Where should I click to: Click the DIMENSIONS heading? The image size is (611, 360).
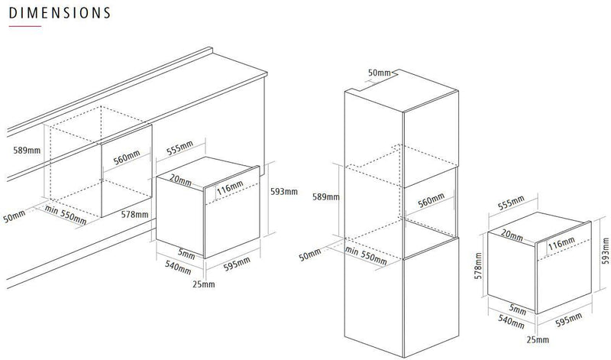pyautogui.click(x=60, y=13)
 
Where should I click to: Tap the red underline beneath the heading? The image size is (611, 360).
pyautogui.click(x=25, y=26)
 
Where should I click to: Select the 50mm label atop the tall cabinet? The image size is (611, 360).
pyautogui.click(x=379, y=73)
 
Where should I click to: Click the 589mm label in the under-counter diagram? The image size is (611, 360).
pyautogui.click(x=27, y=150)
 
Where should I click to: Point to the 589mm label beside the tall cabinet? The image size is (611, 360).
pyautogui.click(x=326, y=196)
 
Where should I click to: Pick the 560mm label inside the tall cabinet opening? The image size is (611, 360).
pyautogui.click(x=431, y=200)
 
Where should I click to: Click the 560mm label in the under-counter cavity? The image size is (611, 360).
pyautogui.click(x=127, y=157)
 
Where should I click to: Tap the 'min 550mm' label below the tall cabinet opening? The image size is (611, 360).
pyautogui.click(x=366, y=255)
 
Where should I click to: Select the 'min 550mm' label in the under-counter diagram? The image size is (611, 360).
pyautogui.click(x=66, y=215)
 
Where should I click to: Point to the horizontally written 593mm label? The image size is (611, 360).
pyautogui.click(x=283, y=192)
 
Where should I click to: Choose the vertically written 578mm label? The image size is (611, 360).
pyautogui.click(x=479, y=266)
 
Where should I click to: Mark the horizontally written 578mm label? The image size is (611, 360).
pyautogui.click(x=134, y=214)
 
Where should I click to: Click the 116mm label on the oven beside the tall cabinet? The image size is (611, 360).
pyautogui.click(x=561, y=243)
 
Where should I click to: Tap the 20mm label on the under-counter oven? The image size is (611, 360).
pyautogui.click(x=180, y=180)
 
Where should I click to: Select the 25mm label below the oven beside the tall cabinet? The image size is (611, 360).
pyautogui.click(x=538, y=339)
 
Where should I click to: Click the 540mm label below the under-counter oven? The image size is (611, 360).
pyautogui.click(x=178, y=268)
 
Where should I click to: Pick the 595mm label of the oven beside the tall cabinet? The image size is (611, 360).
pyautogui.click(x=568, y=319)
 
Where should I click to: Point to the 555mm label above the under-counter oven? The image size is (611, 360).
pyautogui.click(x=179, y=148)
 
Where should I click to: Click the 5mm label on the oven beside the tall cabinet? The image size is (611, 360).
pyautogui.click(x=518, y=310)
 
